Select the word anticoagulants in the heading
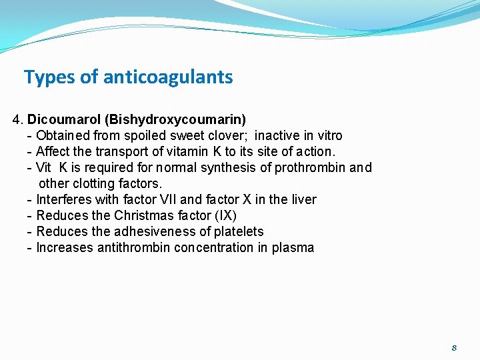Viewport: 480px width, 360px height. click(168, 77)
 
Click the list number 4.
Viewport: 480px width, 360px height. click(17, 120)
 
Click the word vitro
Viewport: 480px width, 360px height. click(328, 136)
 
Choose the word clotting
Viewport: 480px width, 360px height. click(93, 183)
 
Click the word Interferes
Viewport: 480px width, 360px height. click(64, 199)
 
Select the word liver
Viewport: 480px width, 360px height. click(303, 199)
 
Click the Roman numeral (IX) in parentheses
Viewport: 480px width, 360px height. click(225, 215)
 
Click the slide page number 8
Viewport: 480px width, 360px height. click(454, 347)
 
